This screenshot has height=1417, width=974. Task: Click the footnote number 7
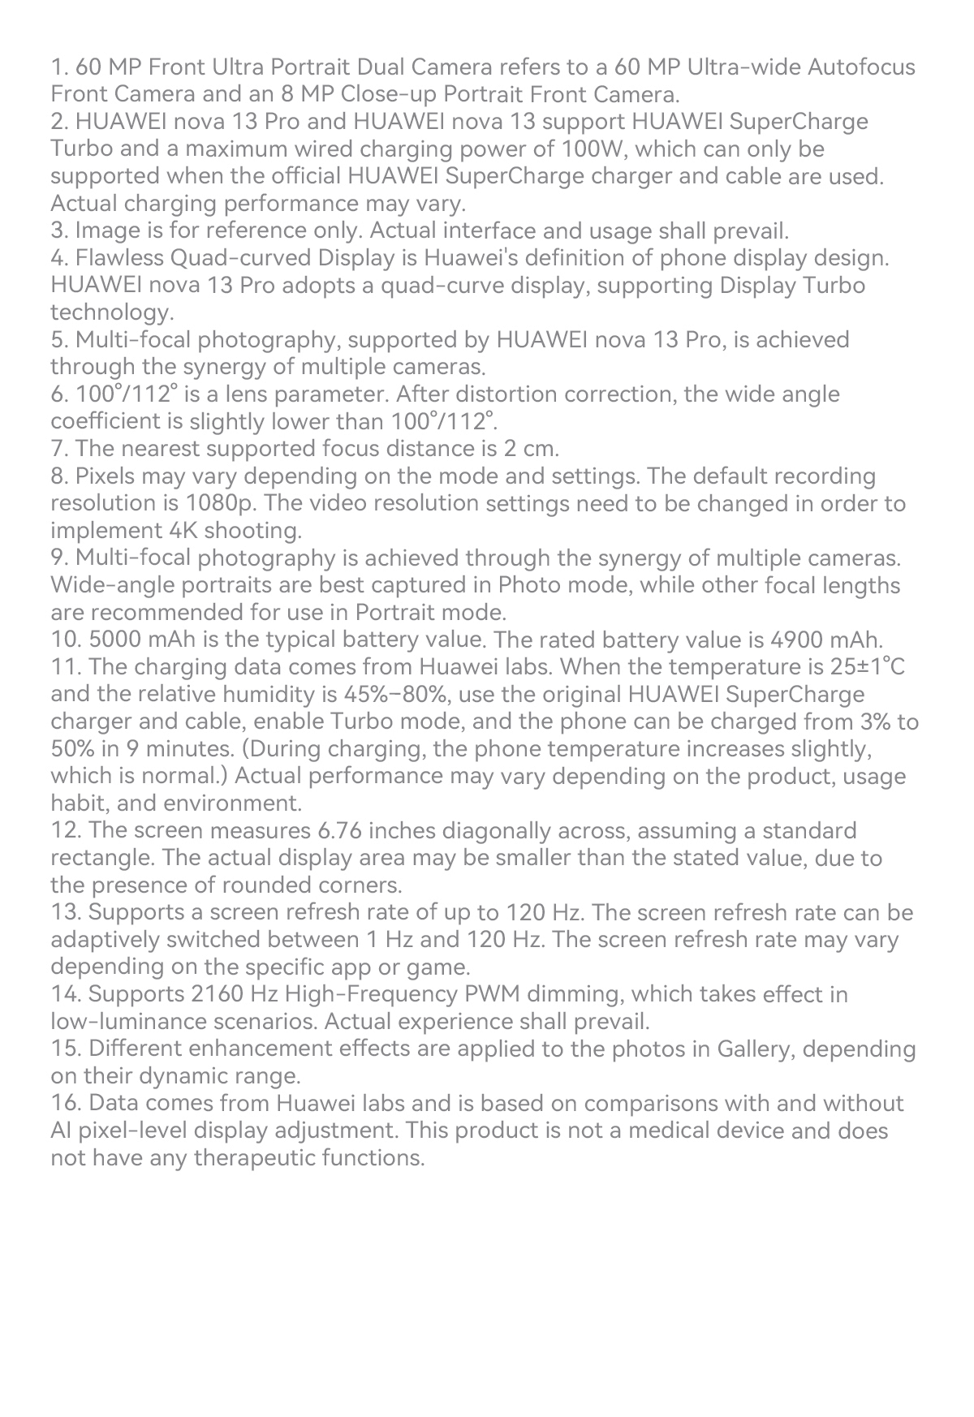58,449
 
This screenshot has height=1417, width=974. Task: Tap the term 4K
182,531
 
